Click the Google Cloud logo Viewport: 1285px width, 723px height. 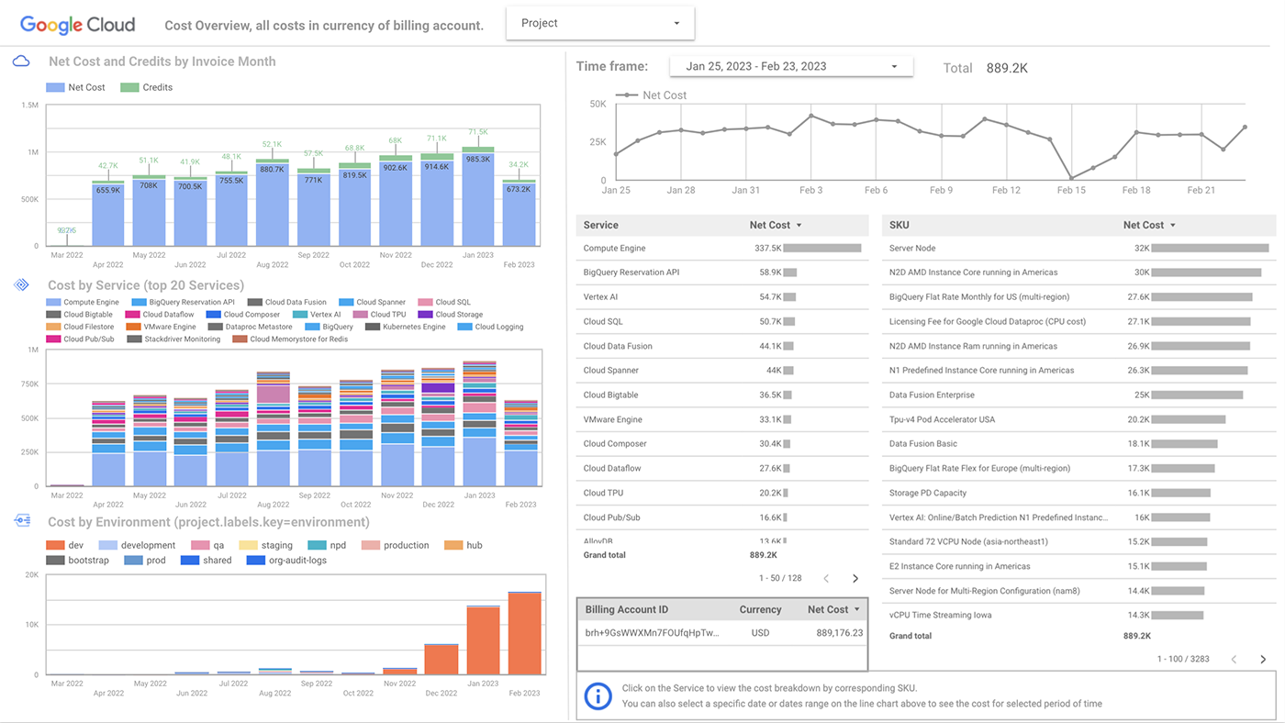(x=77, y=25)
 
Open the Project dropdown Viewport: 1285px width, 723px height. (x=600, y=23)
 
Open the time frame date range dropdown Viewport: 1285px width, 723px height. (x=791, y=66)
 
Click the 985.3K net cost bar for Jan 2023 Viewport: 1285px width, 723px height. (x=478, y=197)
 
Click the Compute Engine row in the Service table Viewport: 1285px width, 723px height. (x=615, y=249)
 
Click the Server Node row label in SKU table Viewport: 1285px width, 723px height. (x=912, y=249)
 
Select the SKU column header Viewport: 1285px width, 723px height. (x=899, y=225)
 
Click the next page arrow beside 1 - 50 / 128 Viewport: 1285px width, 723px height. (x=855, y=579)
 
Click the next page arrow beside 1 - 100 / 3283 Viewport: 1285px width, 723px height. (x=1263, y=660)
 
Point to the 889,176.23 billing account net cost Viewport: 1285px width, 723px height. (x=839, y=633)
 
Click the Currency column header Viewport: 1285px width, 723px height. (x=760, y=609)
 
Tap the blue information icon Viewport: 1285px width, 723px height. (x=598, y=695)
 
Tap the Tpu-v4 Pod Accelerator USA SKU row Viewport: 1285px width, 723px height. (x=942, y=419)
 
